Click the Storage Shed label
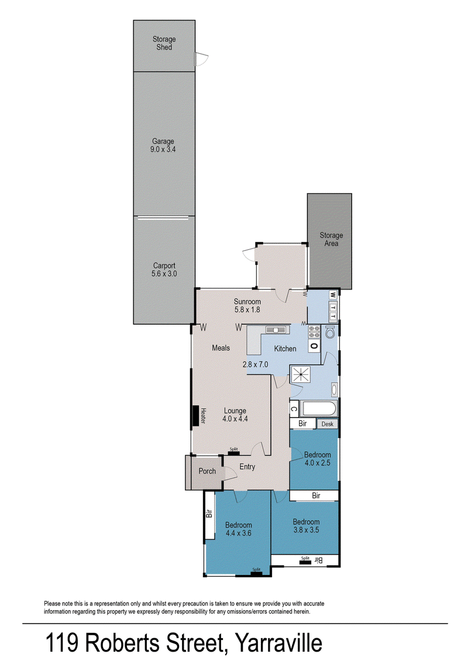coord(164,43)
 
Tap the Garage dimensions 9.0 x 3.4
coord(163,149)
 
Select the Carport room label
coord(164,266)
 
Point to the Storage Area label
coord(331,239)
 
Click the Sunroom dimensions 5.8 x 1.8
coord(247,309)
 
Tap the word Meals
coord(221,348)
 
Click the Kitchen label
coord(285,349)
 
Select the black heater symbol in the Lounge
coord(195,416)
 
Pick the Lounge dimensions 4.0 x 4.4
coord(235,419)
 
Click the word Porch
coord(207,471)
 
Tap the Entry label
coord(247,467)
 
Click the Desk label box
coord(327,424)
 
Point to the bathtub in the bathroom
coord(319,409)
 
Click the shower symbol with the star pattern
coord(301,374)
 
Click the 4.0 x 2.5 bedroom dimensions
coord(317,463)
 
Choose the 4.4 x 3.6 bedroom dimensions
coord(238,533)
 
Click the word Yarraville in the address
coord(278,643)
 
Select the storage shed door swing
coord(202,59)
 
